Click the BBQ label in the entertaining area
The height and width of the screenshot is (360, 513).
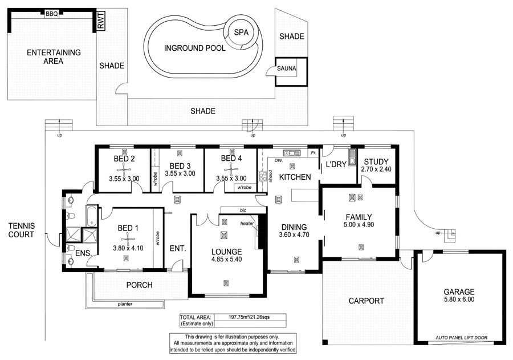click(x=51, y=14)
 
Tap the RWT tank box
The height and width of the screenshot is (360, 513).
click(x=100, y=21)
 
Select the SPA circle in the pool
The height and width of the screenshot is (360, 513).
click(x=242, y=32)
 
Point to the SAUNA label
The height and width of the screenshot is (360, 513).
click(x=286, y=68)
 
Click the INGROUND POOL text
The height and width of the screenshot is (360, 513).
click(x=195, y=48)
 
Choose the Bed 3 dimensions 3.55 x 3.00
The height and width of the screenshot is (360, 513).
click(x=180, y=173)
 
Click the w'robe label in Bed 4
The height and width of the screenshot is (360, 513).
click(x=245, y=187)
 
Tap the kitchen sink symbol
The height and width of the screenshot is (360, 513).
click(x=292, y=153)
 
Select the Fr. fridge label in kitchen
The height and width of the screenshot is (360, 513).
click(x=313, y=153)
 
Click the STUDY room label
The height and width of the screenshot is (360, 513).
click(x=376, y=161)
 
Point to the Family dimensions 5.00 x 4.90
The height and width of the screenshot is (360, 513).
click(x=359, y=225)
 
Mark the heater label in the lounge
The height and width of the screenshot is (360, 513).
click(x=247, y=224)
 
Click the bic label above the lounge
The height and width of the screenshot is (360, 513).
click(x=243, y=211)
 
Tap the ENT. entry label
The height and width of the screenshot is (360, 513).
click(x=178, y=249)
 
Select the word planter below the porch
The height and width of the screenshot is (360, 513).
click(x=125, y=304)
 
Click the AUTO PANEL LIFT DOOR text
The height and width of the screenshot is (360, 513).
click(x=461, y=338)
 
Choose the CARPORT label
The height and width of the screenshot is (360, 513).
click(x=367, y=301)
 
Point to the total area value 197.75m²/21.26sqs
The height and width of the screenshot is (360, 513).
click(x=249, y=317)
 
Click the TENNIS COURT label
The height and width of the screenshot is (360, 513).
click(x=21, y=230)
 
